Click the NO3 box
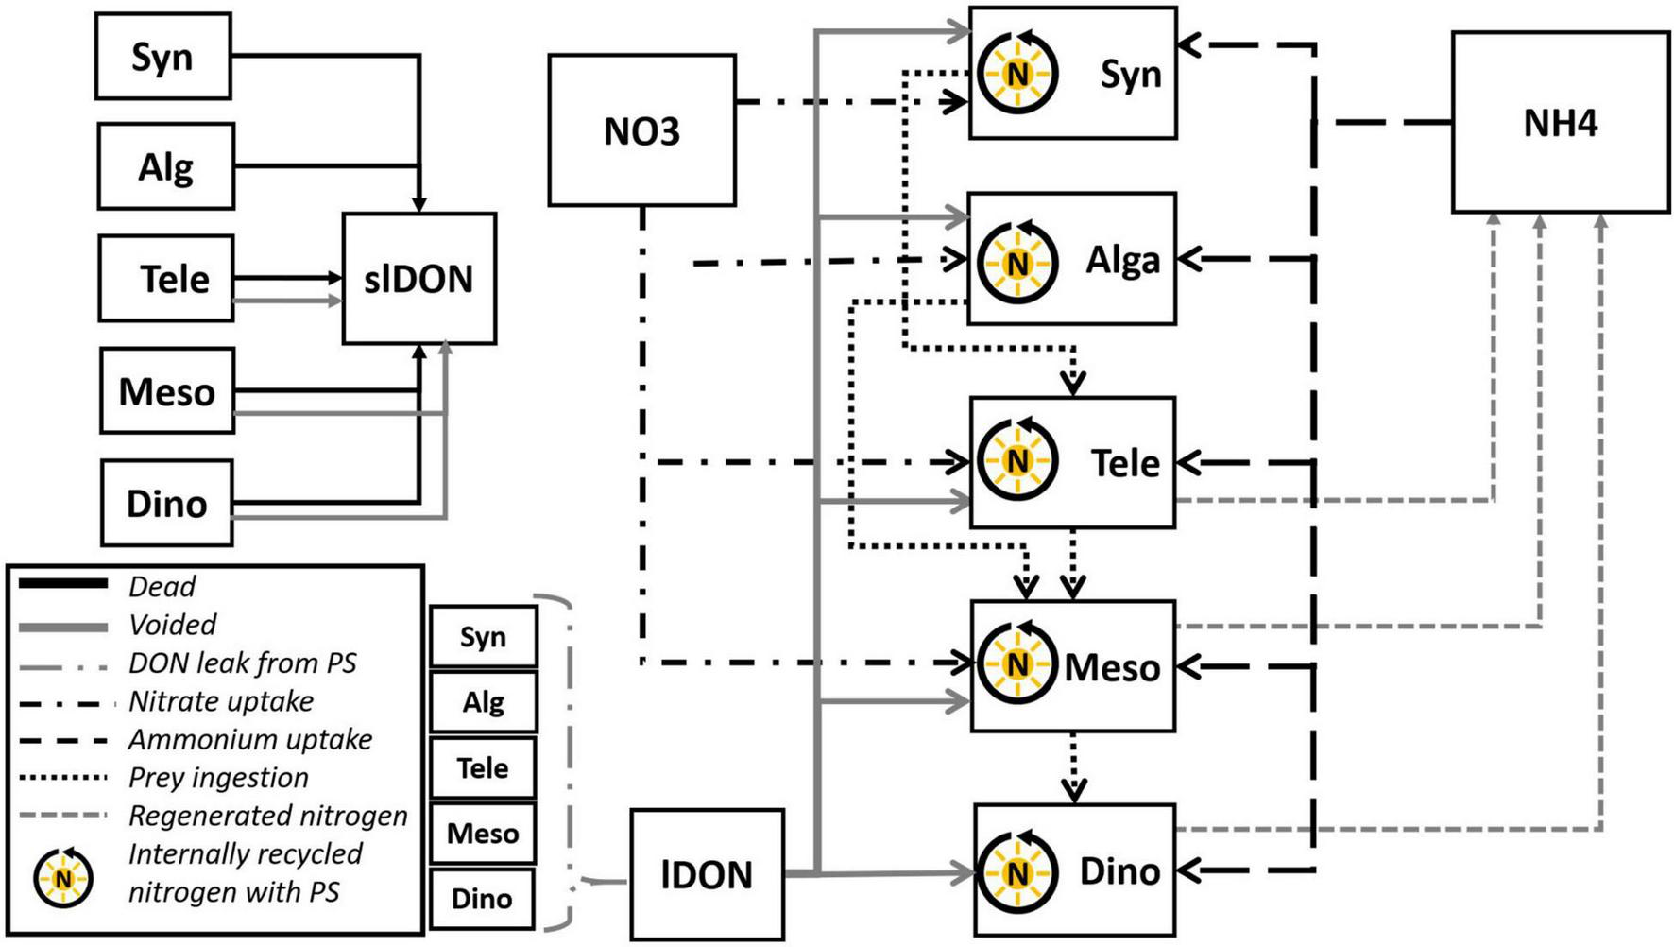pyautogui.click(x=641, y=130)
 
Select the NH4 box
pyautogui.click(x=1560, y=123)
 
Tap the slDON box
pyautogui.click(x=418, y=279)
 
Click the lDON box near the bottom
pyautogui.click(x=707, y=874)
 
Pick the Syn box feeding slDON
pyautogui.click(x=162, y=57)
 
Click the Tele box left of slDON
pyautogui.click(x=166, y=279)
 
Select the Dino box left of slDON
pyautogui.click(x=166, y=503)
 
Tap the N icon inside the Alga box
pyautogui.click(x=1016, y=263)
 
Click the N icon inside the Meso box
pyautogui.click(x=1016, y=664)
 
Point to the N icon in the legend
pyautogui.click(x=63, y=878)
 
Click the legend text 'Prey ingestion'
pyautogui.click(x=218, y=778)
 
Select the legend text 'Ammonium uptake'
pyautogui.click(x=250, y=740)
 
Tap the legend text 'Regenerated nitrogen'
pyautogui.click(x=267, y=816)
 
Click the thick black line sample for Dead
pyautogui.click(x=63, y=585)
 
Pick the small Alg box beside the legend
pyautogui.click(x=483, y=702)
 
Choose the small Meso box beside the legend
pyautogui.click(x=483, y=834)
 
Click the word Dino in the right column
pyautogui.click(x=1119, y=871)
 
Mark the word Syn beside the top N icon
pyautogui.click(x=1130, y=74)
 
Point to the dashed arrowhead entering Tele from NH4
pyautogui.click(x=1187, y=463)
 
